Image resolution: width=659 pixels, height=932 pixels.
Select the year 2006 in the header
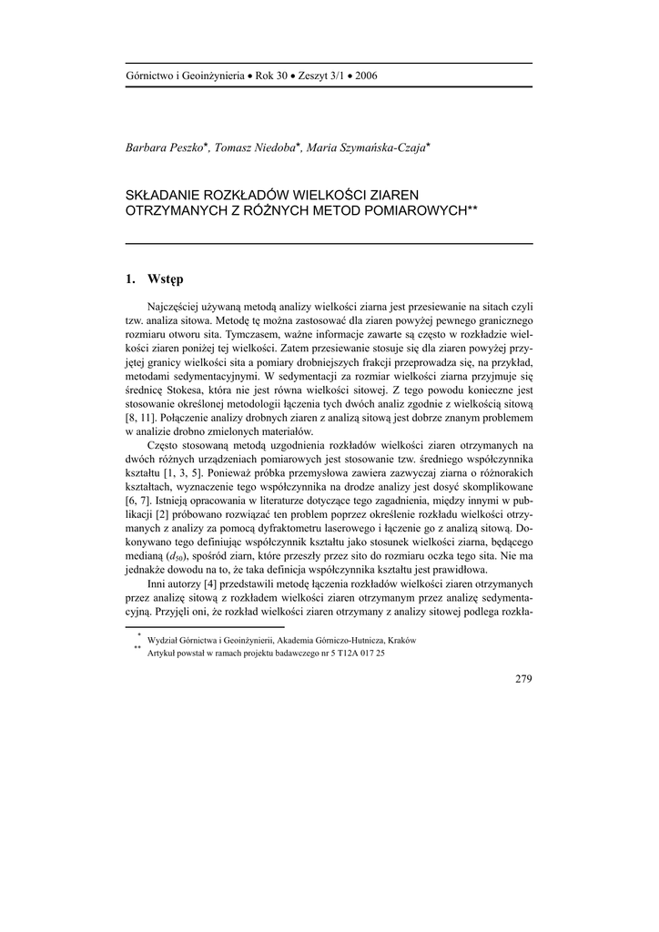click(x=364, y=76)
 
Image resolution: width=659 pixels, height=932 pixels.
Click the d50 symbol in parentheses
click(x=175, y=556)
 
